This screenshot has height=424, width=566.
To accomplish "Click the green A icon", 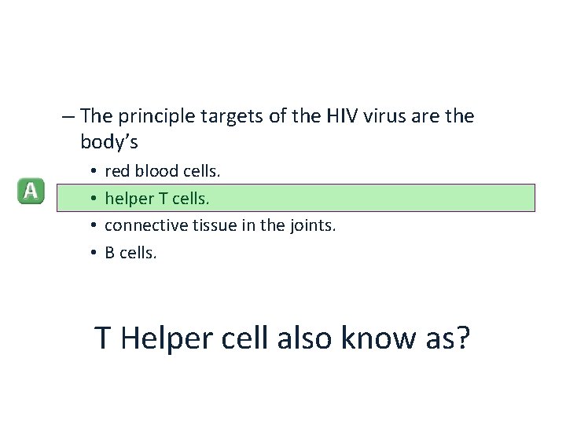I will pos(31,191).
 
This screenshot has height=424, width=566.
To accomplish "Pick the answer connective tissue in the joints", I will pos(220,225).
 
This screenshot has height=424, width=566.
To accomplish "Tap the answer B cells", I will pos(131,253).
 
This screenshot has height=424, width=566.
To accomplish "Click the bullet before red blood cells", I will pos(93,170).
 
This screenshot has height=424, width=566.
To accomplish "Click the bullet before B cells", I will pos(93,254).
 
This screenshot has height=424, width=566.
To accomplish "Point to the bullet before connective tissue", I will pos(93,226).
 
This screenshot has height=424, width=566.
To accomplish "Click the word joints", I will pos(313,225).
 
